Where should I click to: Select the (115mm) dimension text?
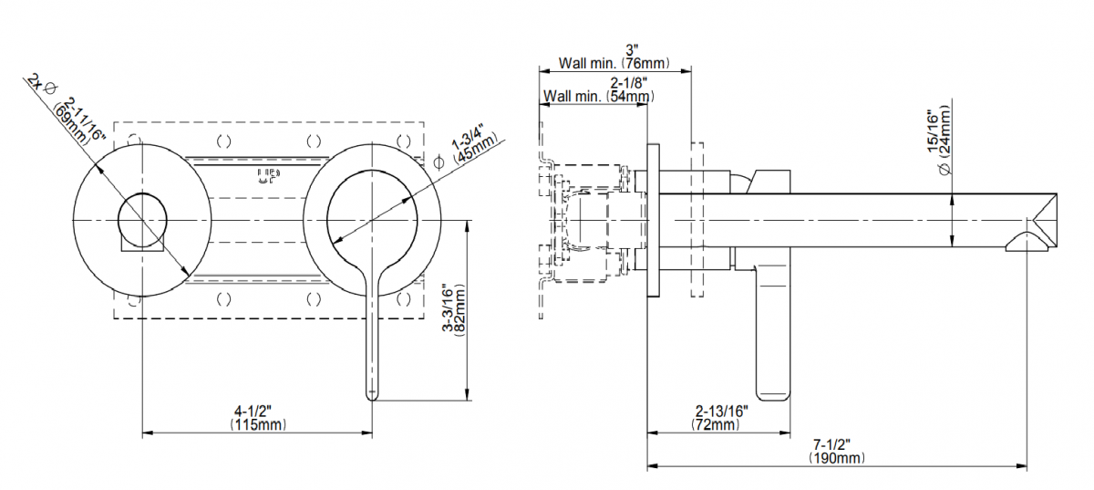coord(258,425)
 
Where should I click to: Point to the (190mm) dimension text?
coord(836,459)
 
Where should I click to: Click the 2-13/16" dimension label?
coord(721,412)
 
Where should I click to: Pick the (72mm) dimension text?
coord(717,425)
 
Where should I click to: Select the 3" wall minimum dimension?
coord(631,49)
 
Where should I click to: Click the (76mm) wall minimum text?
coord(646,64)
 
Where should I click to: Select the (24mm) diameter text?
coord(947,137)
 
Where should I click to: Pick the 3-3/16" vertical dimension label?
coord(447,310)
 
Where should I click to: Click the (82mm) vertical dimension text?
coord(460,310)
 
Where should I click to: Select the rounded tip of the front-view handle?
coord(372,393)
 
